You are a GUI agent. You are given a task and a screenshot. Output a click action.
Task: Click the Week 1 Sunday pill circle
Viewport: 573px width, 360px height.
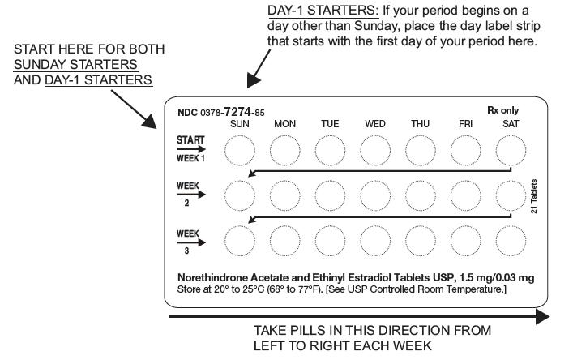(x=239, y=150)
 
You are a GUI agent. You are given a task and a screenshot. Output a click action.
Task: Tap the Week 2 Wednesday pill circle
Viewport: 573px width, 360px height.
(x=375, y=195)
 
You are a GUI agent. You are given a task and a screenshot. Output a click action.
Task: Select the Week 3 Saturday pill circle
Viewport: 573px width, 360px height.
(x=511, y=240)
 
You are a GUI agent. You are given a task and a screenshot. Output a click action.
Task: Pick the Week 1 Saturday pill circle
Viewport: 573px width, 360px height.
(x=511, y=150)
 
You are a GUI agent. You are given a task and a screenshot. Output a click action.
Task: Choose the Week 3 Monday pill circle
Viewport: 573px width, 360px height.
(x=284, y=240)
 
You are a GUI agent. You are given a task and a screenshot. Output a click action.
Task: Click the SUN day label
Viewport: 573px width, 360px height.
(x=240, y=124)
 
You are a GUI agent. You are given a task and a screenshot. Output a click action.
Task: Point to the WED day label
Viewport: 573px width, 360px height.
(x=375, y=124)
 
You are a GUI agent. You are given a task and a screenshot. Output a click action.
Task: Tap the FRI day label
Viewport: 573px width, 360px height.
(x=466, y=124)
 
